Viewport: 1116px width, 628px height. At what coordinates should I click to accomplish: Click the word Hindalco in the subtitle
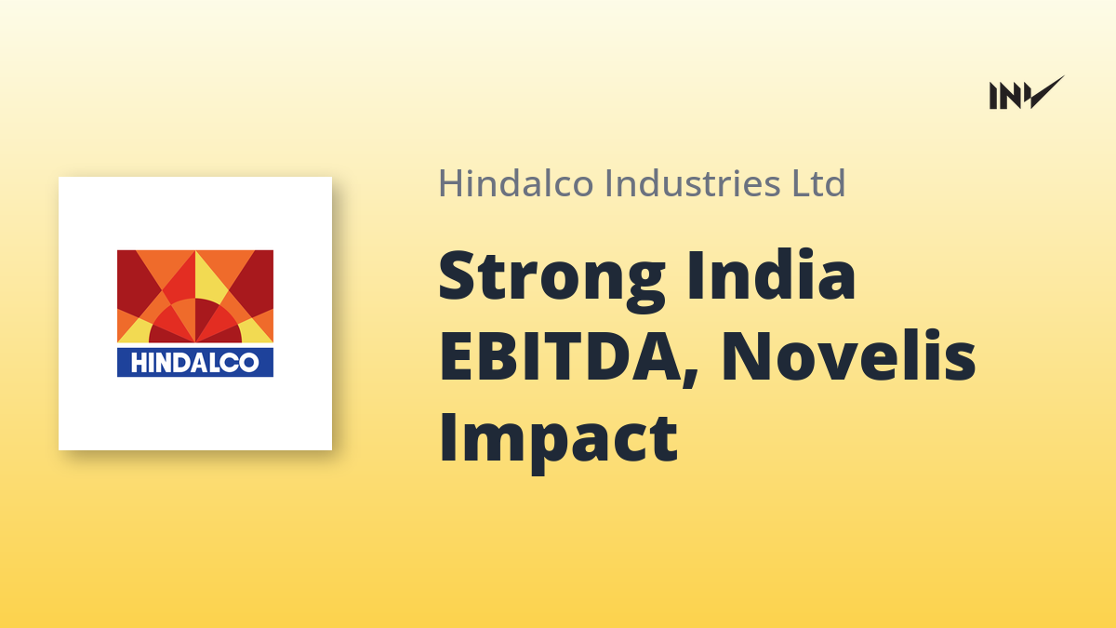pyautogui.click(x=515, y=183)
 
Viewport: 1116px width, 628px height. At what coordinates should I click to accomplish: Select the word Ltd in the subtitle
pyautogui.click(x=819, y=183)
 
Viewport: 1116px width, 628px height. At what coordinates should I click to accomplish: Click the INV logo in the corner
pyautogui.click(x=1027, y=93)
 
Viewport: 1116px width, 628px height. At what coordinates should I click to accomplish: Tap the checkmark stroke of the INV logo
pyautogui.click(x=1046, y=93)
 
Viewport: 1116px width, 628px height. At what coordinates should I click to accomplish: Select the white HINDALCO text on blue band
pyautogui.click(x=194, y=362)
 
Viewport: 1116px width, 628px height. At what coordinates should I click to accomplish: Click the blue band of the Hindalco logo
pyautogui.click(x=194, y=362)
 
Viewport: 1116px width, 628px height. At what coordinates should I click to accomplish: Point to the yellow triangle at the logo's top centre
pyautogui.click(x=210, y=278)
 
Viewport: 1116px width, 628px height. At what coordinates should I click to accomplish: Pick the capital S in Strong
pyautogui.click(x=456, y=275)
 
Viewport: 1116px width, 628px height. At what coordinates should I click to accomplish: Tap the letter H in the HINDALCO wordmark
pyautogui.click(x=139, y=363)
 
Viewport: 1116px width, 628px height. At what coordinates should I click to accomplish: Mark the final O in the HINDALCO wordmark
pyautogui.click(x=247, y=363)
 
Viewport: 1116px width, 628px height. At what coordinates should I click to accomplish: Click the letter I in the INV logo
pyautogui.click(x=993, y=96)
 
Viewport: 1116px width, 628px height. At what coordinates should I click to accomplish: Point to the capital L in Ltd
pyautogui.click(x=803, y=183)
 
